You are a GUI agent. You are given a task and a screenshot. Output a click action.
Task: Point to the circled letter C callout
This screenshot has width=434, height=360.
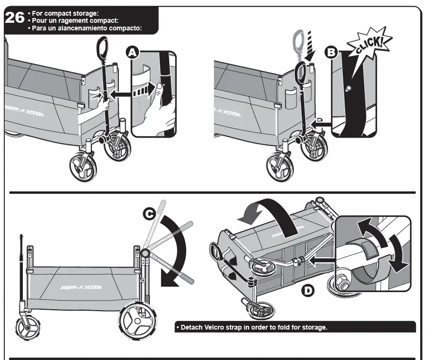150,215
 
